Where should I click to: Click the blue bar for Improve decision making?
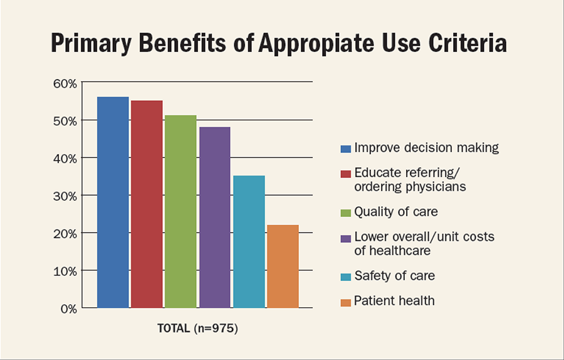113,202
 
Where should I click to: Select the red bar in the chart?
147,204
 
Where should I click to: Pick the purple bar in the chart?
214,217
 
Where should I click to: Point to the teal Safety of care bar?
249,241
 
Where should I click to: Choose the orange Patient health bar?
283,266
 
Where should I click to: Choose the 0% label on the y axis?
67,309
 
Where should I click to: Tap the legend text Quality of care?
395,211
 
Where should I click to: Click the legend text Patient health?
394,300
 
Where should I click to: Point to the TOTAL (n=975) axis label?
198,327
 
